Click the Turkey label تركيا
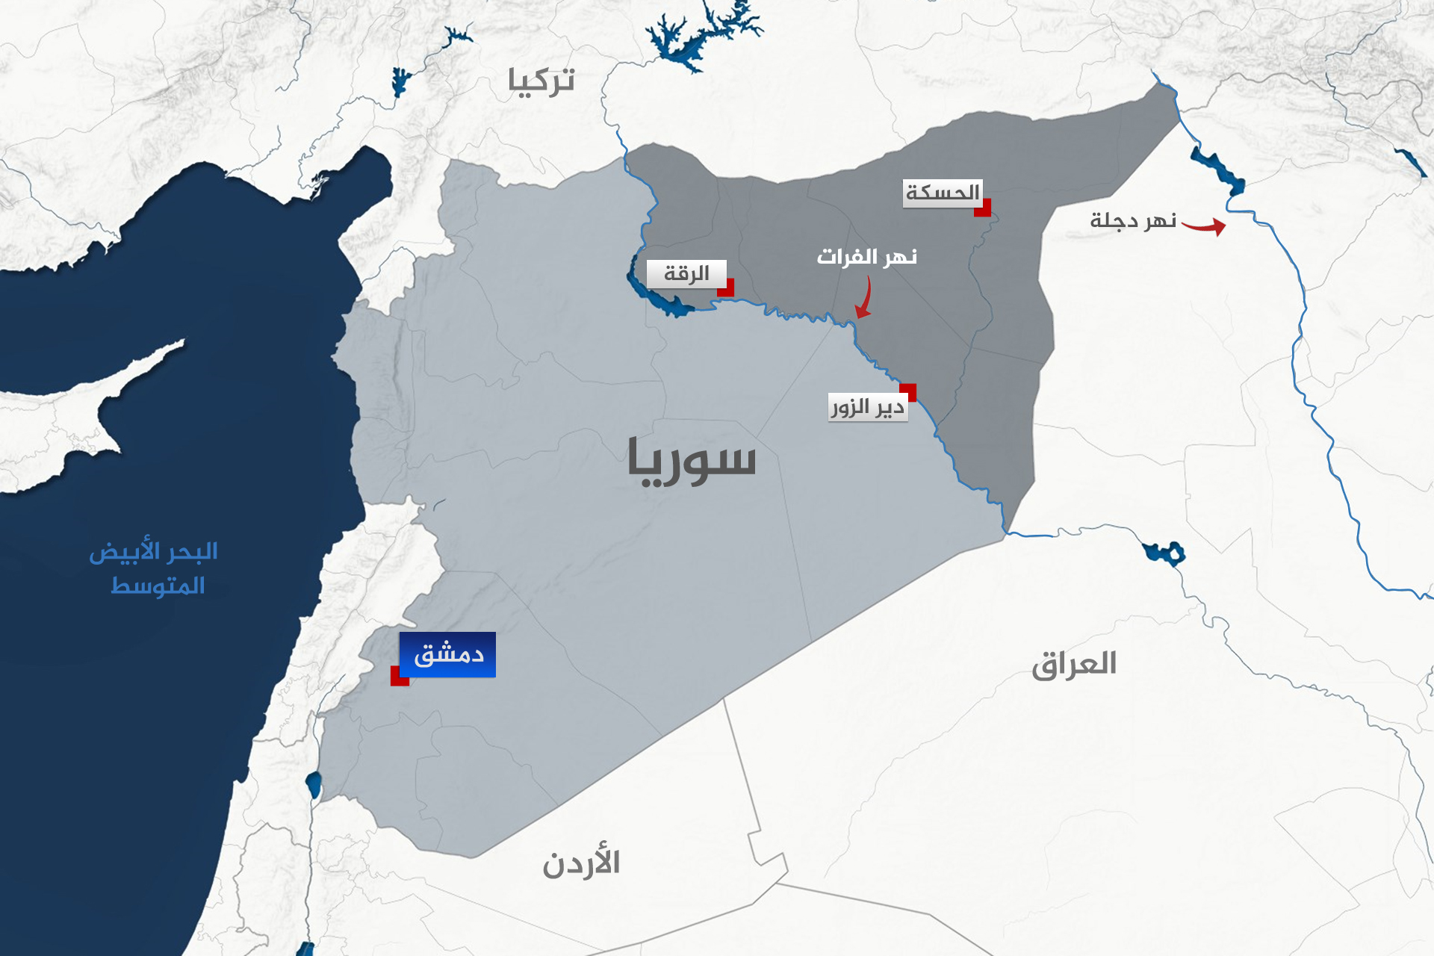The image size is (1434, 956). click(x=541, y=81)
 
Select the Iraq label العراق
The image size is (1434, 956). click(x=1074, y=664)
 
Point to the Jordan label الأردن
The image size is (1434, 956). click(x=581, y=863)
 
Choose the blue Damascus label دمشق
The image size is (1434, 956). click(x=447, y=654)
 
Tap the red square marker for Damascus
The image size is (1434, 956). click(x=400, y=676)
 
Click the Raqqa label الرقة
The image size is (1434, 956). click(x=686, y=274)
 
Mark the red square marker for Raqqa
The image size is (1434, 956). click(x=725, y=288)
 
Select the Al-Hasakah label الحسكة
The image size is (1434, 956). click(x=942, y=193)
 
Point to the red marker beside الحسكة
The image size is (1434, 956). click(x=982, y=208)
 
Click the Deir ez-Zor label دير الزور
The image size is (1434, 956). click(x=868, y=408)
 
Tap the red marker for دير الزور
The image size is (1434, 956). click(x=907, y=392)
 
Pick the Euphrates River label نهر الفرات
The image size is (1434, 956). click(x=866, y=257)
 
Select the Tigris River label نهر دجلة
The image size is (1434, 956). click(x=1133, y=221)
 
